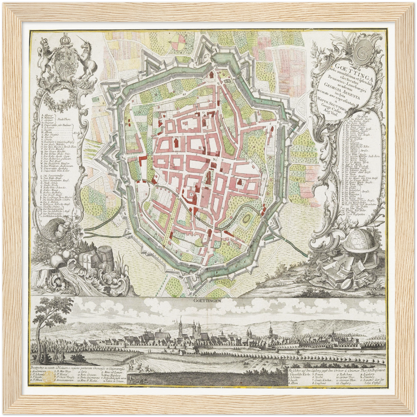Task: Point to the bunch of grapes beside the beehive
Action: point(74,231)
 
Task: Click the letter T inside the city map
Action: point(191,194)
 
